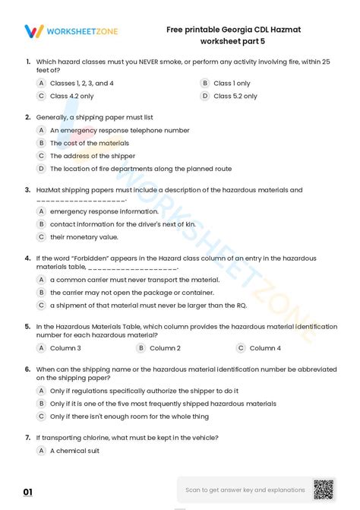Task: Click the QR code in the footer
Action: (324, 489)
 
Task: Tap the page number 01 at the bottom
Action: (28, 493)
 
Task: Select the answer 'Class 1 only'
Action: (232, 83)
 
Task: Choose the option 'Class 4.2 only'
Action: (71, 97)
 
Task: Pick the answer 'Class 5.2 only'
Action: (235, 97)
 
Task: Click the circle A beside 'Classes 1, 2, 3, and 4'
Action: (42, 83)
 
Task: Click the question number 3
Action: (27, 190)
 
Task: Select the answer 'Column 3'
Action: (65, 348)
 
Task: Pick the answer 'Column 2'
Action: (165, 348)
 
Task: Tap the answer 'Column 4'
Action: (265, 348)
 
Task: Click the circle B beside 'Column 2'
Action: (141, 348)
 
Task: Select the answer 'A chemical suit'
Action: (75, 451)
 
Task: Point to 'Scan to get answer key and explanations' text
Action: (245, 490)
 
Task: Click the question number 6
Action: (27, 369)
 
